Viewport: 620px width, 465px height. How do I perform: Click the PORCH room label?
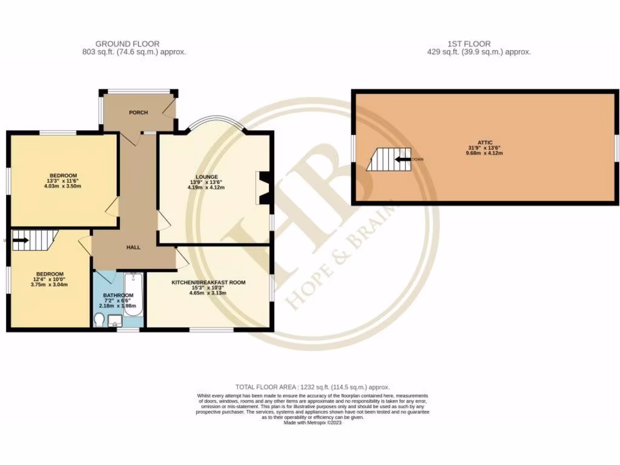138,113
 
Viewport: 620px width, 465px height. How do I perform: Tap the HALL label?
133,248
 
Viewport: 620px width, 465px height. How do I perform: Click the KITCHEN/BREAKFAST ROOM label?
208,283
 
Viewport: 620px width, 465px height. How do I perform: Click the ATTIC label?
485,142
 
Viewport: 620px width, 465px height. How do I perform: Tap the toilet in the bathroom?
99,319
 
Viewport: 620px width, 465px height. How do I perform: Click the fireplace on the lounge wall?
263,188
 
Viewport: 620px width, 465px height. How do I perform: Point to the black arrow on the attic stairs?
401,160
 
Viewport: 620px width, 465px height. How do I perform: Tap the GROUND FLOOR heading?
127,44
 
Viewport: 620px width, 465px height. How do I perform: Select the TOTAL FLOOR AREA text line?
312,387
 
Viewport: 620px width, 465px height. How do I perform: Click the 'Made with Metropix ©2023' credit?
312,423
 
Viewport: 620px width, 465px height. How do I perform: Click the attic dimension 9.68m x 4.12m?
485,154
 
